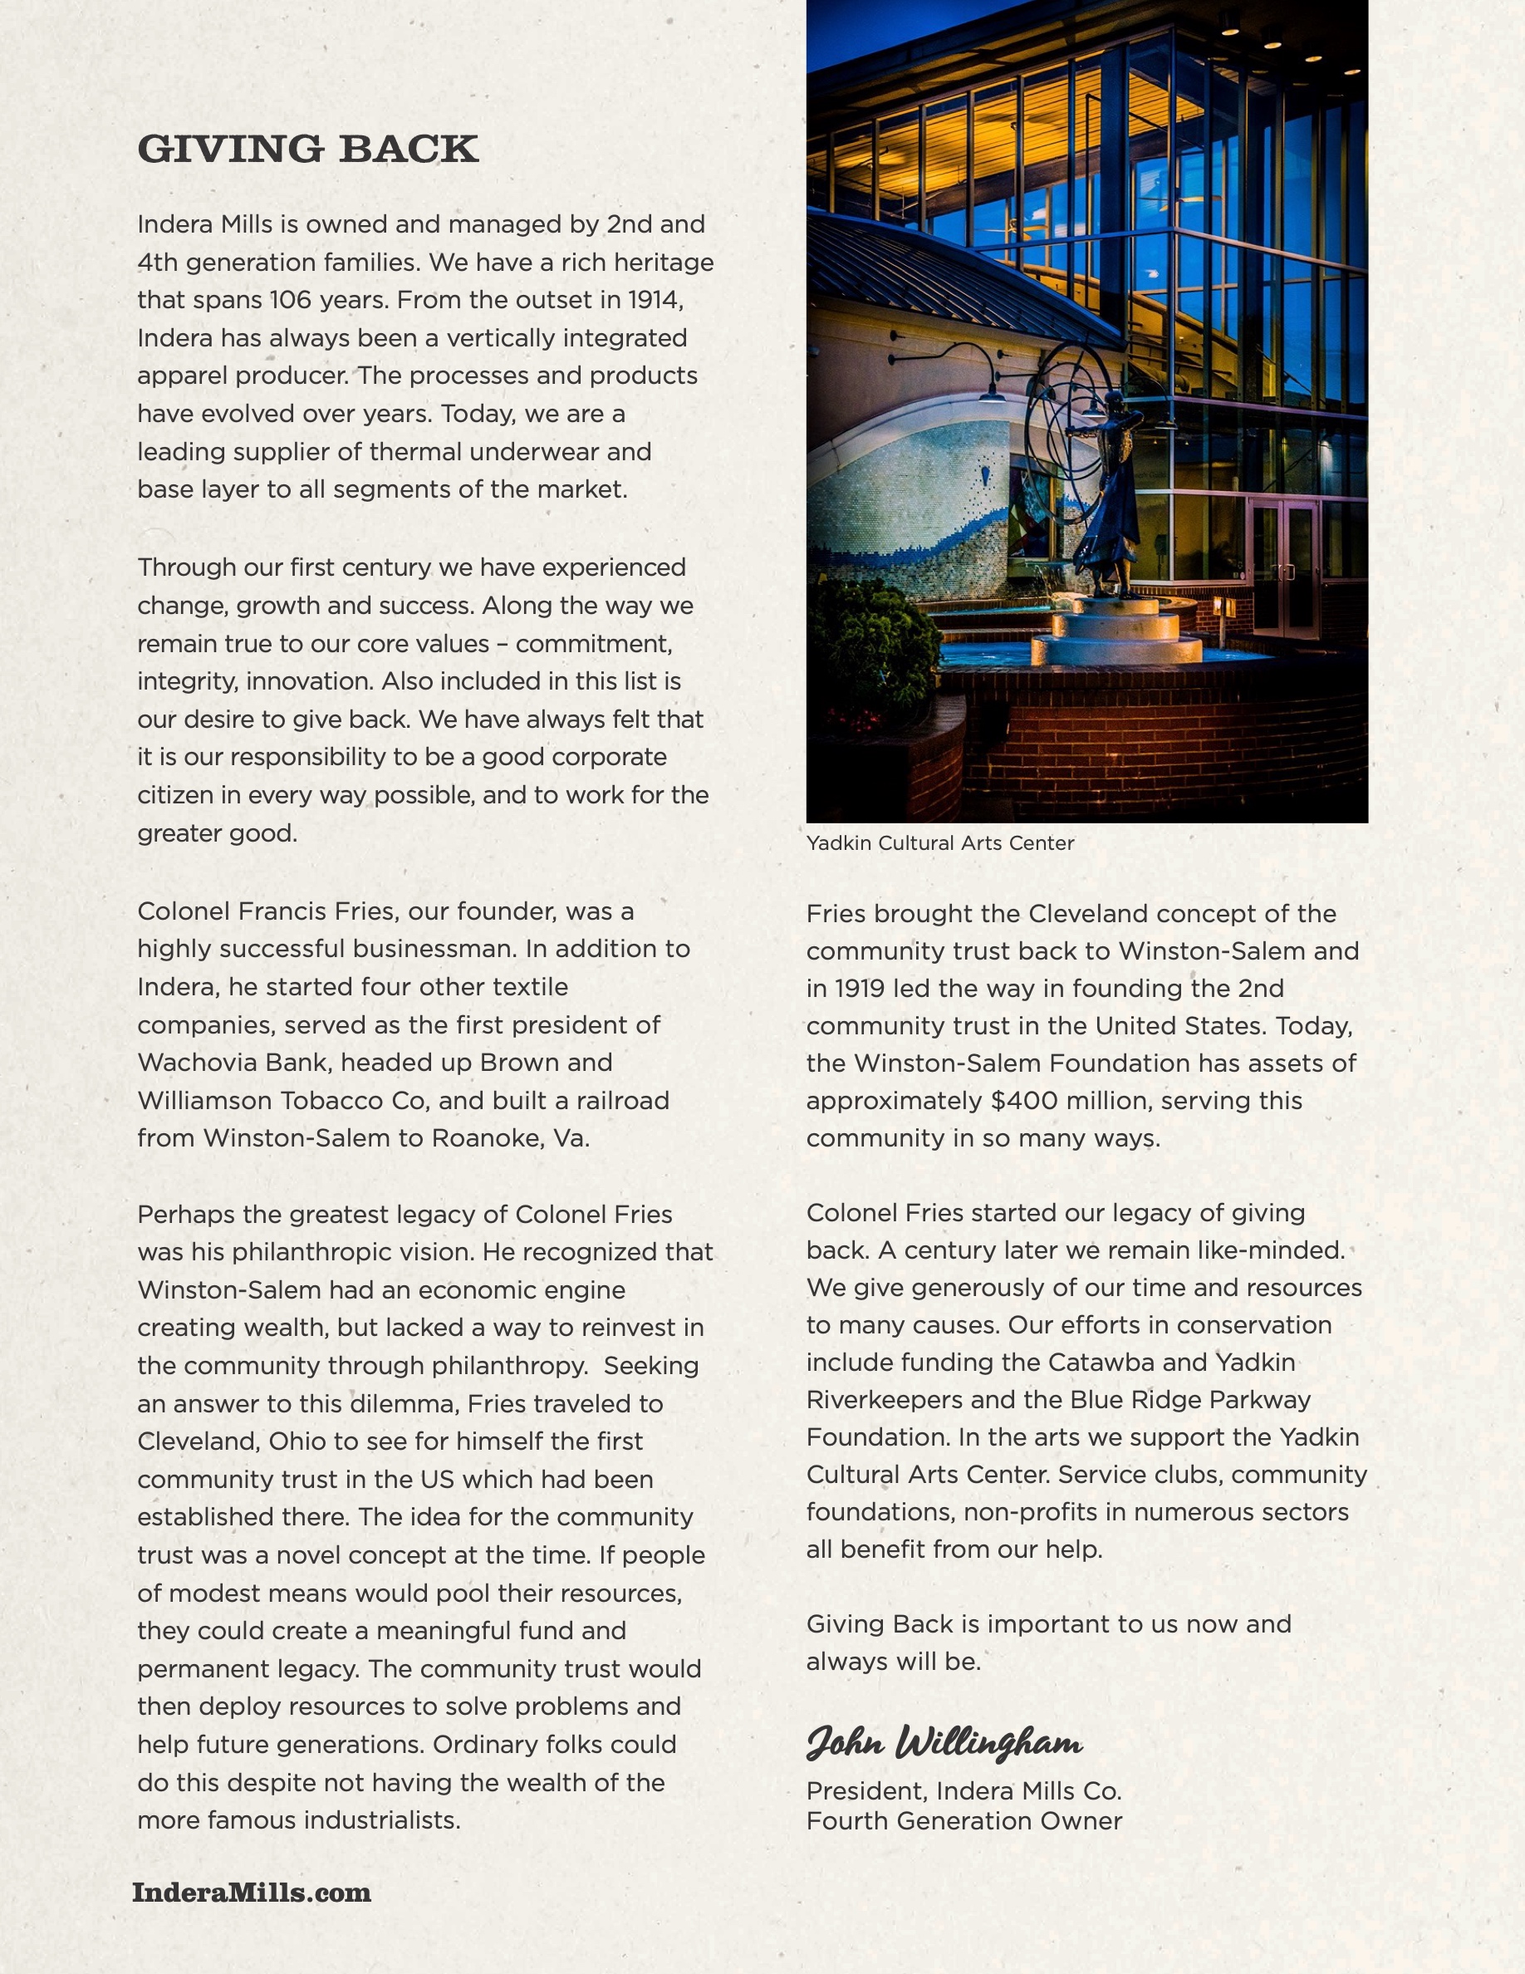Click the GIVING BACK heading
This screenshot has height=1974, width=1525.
[308, 150]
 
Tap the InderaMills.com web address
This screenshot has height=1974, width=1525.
[251, 1892]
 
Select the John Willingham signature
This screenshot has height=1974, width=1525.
[944, 1741]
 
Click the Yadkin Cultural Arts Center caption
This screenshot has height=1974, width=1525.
[939, 843]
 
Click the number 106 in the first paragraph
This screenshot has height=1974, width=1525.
[290, 299]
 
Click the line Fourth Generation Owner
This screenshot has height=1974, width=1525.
[964, 1820]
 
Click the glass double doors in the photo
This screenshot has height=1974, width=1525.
[1284, 569]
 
